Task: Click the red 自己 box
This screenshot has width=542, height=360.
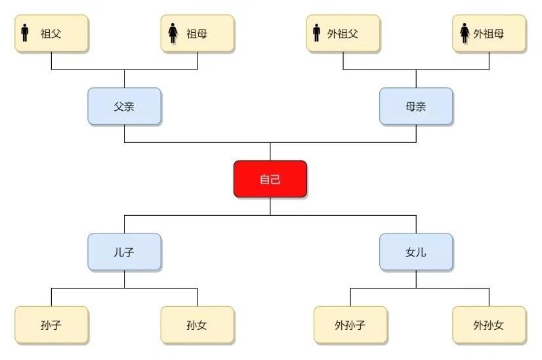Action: [270, 178]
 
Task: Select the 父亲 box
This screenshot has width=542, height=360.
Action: [124, 106]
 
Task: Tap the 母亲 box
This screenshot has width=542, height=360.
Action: [416, 106]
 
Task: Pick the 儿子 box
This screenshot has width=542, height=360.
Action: [124, 252]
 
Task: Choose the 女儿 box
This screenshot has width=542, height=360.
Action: [416, 252]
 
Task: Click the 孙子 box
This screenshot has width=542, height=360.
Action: [51, 325]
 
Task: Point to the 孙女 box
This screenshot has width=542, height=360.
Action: [197, 325]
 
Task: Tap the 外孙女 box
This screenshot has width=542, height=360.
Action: [489, 325]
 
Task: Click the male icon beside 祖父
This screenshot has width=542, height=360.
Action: [25, 33]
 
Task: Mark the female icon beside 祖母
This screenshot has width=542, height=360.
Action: [173, 33]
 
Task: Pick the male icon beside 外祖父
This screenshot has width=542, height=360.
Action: [316, 33]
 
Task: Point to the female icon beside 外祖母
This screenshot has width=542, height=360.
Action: [465, 33]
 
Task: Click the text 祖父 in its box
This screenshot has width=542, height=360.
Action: [51, 33]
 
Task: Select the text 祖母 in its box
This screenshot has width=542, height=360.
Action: [197, 33]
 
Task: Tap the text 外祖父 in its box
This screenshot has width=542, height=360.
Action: [343, 33]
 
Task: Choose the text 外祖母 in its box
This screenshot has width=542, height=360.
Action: [489, 33]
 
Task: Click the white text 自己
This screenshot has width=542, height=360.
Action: [270, 179]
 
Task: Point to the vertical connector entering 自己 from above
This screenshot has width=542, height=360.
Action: [270, 151]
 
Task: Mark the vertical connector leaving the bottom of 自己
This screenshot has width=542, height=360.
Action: [270, 206]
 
